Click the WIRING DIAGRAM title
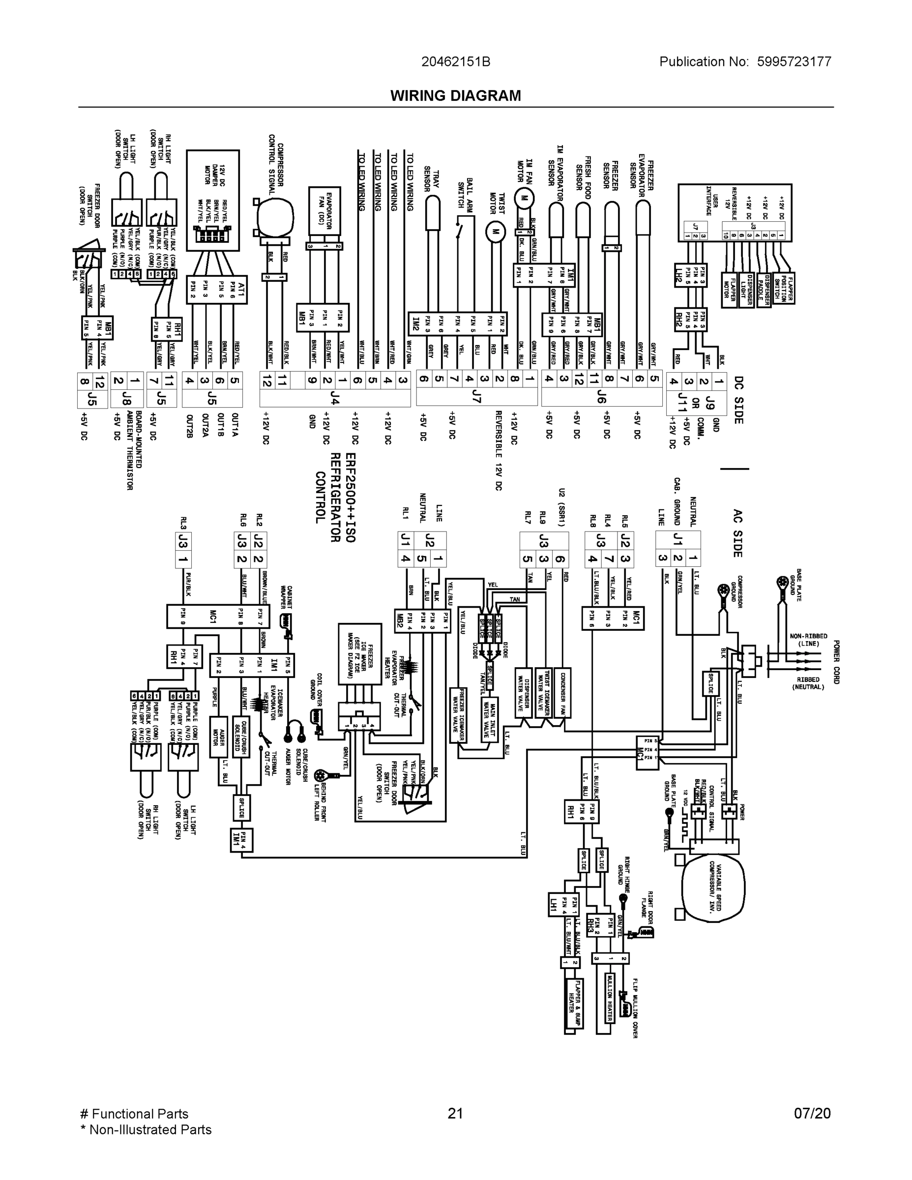coord(455,96)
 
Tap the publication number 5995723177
coord(794,61)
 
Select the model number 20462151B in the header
coord(455,61)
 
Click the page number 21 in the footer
coord(455,1114)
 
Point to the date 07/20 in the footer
coord(812,1114)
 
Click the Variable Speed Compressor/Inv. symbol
coord(713,886)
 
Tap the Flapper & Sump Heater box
coord(574,1004)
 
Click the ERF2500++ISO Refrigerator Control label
coord(335,497)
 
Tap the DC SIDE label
coord(738,400)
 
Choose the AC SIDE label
coord(738,532)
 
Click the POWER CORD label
coord(836,661)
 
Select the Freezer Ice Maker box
coord(359,653)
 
